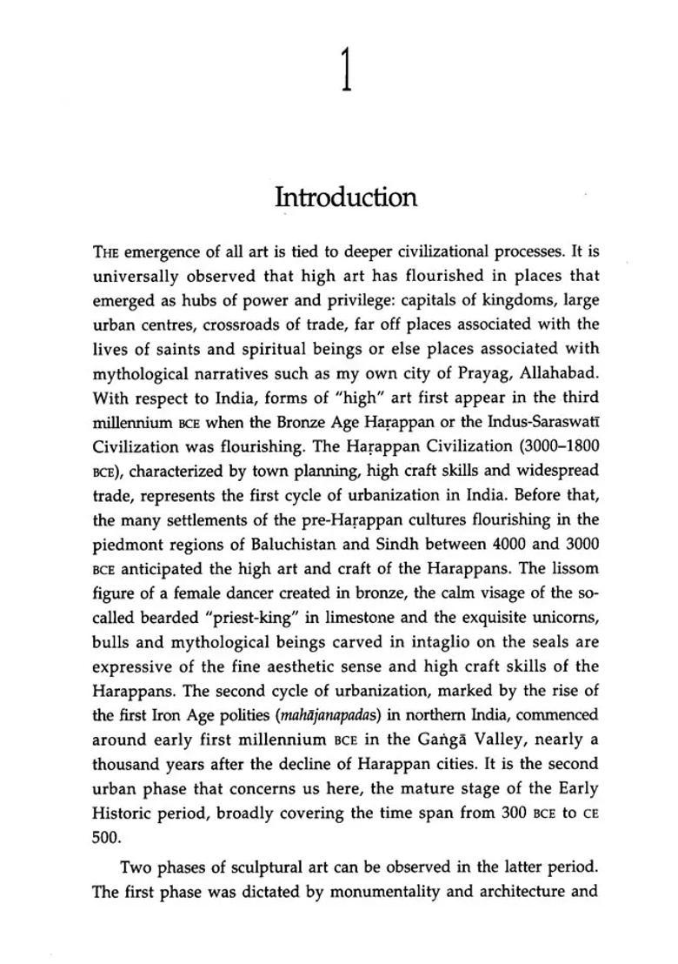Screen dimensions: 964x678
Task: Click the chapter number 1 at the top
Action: point(347,70)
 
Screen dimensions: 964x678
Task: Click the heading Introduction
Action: point(346,197)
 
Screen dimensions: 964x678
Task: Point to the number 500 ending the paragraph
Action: point(103,837)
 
